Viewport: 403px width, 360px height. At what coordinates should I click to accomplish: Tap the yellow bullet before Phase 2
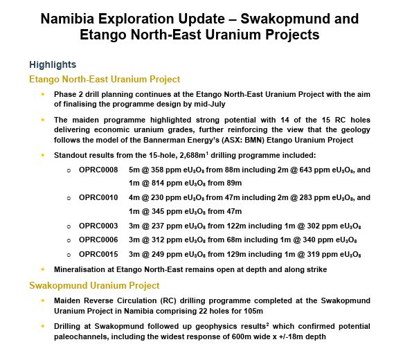click(43, 93)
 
